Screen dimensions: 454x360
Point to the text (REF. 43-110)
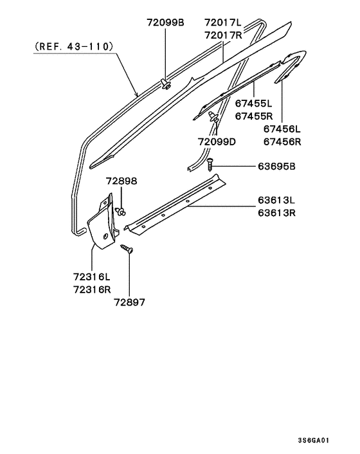[x=73, y=46]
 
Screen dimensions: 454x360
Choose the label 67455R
[x=253, y=116]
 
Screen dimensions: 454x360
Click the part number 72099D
[x=217, y=141]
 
